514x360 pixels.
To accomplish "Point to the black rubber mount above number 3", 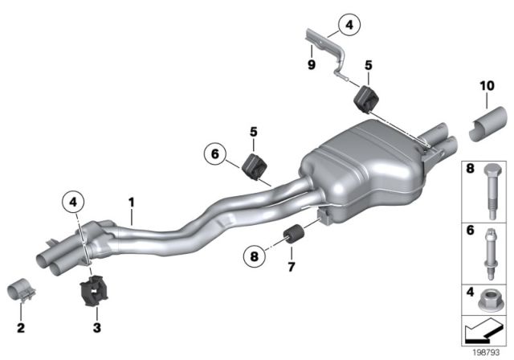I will click(93, 292).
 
